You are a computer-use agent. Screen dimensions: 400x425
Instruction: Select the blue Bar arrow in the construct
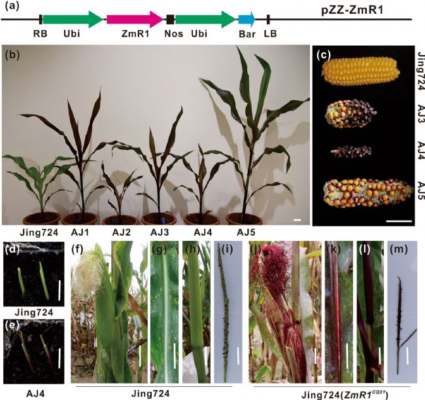(247, 20)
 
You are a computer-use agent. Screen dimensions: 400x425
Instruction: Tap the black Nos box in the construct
(171, 20)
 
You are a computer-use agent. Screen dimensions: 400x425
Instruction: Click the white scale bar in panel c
(398, 221)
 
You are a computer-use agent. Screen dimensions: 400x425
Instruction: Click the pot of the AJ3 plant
(161, 219)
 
